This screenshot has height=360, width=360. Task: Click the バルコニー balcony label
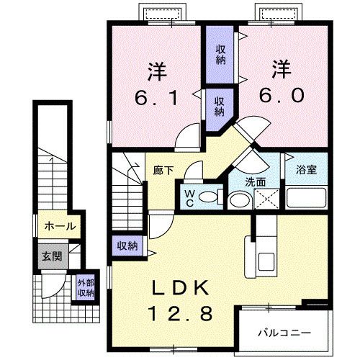(284, 333)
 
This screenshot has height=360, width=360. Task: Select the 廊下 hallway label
(163, 171)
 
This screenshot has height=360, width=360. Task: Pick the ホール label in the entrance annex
(60, 226)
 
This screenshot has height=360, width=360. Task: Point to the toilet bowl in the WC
(209, 197)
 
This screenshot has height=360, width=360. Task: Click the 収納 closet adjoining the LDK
(127, 246)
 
